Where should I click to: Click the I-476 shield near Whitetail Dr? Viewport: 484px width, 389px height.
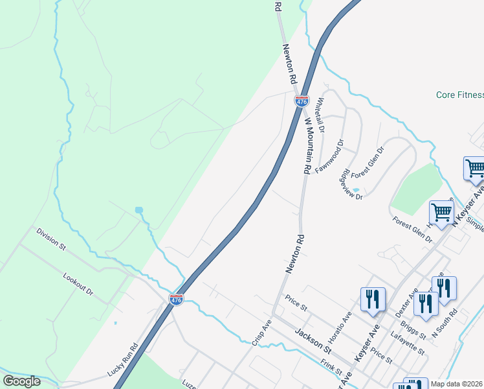(302, 101)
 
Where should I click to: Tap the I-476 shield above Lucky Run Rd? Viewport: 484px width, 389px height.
(176, 299)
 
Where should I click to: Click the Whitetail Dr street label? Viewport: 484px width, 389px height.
(321, 115)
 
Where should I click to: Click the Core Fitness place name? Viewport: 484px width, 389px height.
(459, 95)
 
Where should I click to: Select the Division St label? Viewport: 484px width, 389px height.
(51, 238)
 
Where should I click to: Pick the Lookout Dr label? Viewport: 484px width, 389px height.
(78, 285)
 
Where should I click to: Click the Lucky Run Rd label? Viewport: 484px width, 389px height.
(124, 360)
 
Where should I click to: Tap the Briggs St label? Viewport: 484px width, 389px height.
(412, 329)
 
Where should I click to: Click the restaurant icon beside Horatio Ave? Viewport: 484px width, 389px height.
(372, 300)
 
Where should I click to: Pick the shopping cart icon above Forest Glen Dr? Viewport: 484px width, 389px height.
(441, 212)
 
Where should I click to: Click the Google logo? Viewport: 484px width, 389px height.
(21, 381)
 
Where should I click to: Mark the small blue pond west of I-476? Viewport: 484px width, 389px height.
(138, 210)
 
